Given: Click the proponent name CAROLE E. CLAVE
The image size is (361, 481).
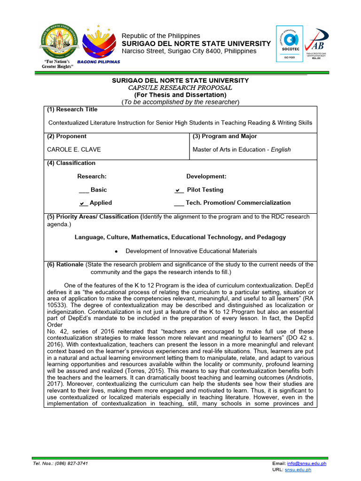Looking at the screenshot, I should click(74, 150).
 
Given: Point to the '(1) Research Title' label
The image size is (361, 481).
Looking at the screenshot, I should click(72, 109).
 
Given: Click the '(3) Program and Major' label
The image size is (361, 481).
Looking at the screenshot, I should click(225, 136).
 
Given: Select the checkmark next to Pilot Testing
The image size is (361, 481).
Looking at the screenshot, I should click(179, 190).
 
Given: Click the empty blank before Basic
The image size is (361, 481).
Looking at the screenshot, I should click(83, 190).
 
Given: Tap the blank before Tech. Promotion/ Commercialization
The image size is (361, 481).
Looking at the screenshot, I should click(179, 203).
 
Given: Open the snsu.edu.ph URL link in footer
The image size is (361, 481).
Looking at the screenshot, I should click(311, 470).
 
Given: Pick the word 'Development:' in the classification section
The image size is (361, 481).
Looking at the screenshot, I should click(206, 177).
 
